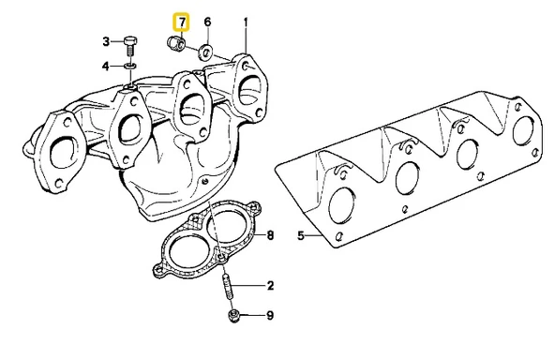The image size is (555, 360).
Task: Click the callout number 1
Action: coord(246,21)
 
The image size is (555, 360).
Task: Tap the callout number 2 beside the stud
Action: coord(271,285)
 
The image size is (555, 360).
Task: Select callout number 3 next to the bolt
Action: coord(106,41)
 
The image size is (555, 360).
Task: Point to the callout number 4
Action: coord(106,66)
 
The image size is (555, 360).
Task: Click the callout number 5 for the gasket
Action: coord(302,236)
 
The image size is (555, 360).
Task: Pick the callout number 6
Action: coord(207,21)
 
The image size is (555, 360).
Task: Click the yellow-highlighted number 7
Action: coord(182,21)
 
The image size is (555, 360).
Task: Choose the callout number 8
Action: coord(271,234)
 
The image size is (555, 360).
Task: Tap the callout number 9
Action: coord(271,316)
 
